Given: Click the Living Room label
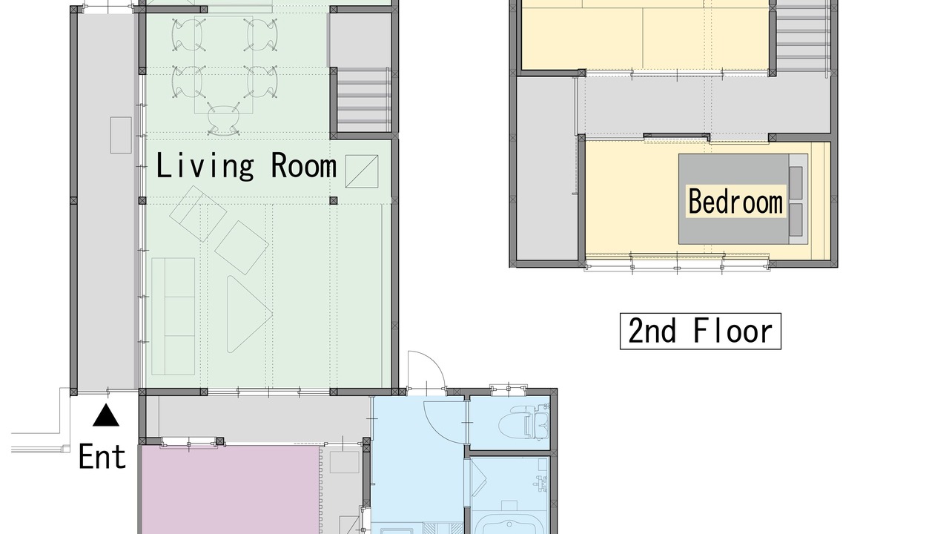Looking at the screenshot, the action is (246, 166).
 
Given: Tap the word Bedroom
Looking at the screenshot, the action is (735, 202).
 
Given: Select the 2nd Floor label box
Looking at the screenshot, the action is (701, 331).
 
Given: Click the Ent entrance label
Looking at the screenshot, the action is (102, 456).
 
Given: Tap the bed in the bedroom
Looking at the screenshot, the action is (743, 199).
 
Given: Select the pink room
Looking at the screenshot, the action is (229, 489).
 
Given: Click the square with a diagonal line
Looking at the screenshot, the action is (361, 171).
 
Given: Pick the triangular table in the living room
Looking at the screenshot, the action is (247, 314).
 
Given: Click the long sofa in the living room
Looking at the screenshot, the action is (173, 316).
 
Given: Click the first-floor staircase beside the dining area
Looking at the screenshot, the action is (363, 100).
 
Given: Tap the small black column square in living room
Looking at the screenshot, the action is (334, 200).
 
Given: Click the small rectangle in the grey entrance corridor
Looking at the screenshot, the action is (121, 135).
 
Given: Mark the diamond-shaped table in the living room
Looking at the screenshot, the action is (242, 247).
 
